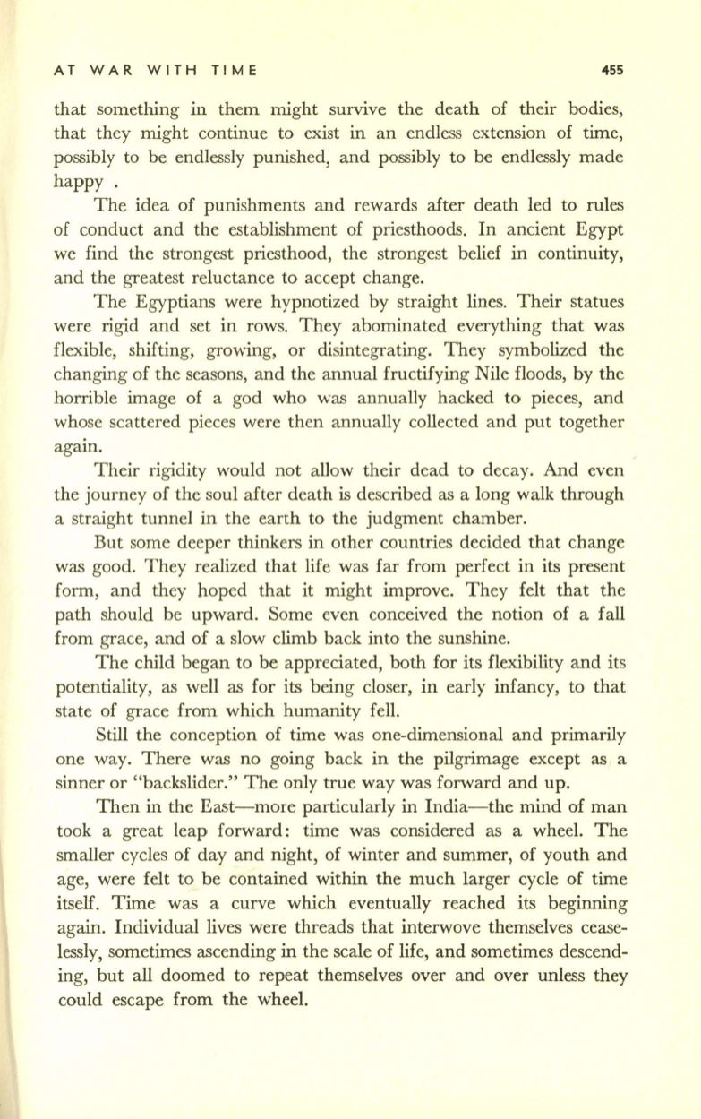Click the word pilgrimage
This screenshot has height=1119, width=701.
pos(479,782)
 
